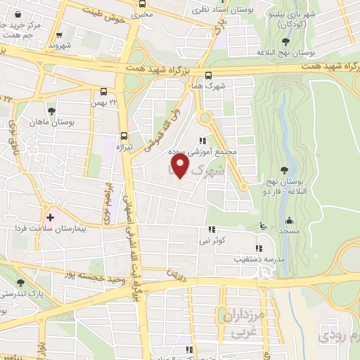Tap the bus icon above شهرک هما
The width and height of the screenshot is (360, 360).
click(208, 76)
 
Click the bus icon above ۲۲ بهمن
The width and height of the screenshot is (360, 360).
click(104, 91)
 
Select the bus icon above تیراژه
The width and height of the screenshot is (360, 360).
click(124, 136)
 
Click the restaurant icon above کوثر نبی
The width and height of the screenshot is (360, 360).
click(210, 229)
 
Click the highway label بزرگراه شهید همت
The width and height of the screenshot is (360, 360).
click(162, 67)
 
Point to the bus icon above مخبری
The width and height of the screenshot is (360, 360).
click(143, 4)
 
